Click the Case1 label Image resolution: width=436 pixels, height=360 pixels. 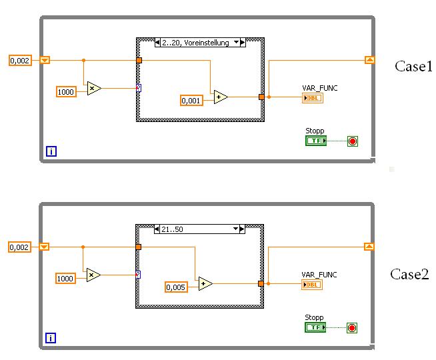point(414,66)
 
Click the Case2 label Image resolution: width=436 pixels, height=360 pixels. point(409,274)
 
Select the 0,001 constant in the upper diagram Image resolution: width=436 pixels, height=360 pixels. point(191,101)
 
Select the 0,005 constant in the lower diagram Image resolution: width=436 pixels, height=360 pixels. point(175,287)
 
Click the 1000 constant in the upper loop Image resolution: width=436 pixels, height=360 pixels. point(66,91)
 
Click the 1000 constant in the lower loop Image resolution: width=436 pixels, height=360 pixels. point(66,277)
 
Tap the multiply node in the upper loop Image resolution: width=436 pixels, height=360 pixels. point(94,88)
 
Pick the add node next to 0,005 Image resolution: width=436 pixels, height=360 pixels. point(205,283)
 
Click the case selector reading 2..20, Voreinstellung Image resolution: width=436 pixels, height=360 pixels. point(200,43)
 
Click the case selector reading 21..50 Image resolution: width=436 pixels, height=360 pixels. point(200,229)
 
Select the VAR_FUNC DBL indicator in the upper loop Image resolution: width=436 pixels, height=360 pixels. point(311,98)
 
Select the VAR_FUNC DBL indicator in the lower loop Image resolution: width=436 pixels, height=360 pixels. point(311,285)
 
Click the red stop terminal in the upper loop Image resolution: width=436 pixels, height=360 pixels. point(352,141)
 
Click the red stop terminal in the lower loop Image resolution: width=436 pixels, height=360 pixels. point(352,327)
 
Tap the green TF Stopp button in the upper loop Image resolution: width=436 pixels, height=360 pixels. point(315,141)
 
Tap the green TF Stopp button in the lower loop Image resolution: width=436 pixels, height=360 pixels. point(315,327)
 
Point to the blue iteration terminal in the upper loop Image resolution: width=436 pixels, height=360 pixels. point(51,151)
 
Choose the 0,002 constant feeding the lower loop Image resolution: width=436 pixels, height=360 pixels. point(20,247)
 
